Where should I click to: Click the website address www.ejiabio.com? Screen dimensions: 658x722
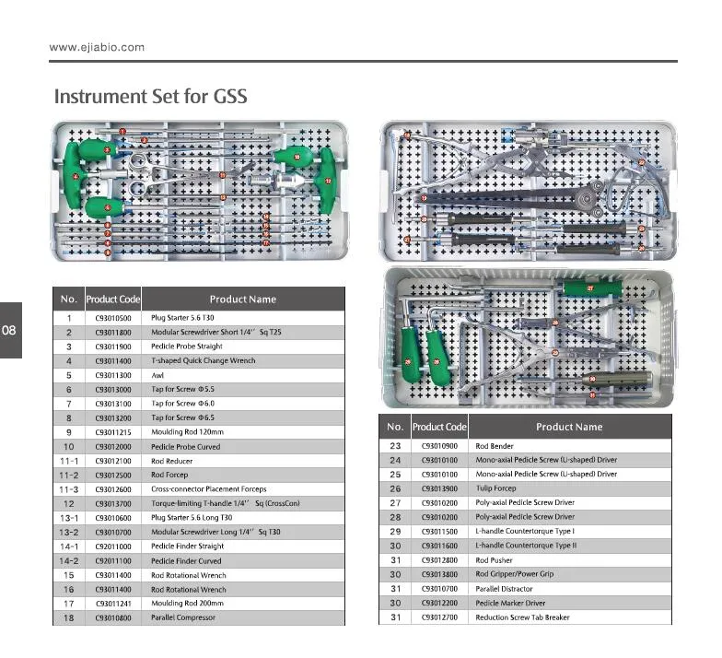[x=97, y=47]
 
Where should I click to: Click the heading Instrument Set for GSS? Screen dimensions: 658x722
[x=151, y=96]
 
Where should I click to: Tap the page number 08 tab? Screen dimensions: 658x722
[x=10, y=329]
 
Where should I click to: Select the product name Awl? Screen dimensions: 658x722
[x=157, y=375]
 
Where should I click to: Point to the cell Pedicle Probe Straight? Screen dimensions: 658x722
[x=187, y=347]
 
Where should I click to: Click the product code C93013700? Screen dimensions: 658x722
[x=113, y=503]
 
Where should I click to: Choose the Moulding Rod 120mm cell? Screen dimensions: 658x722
[x=184, y=432]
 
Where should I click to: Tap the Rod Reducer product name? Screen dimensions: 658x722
[x=173, y=461]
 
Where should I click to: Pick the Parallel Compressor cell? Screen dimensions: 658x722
[x=184, y=617]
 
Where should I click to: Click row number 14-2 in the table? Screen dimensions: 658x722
[x=68, y=560]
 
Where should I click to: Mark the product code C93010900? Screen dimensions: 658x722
[x=439, y=446]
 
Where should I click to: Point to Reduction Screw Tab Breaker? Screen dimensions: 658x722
[x=522, y=617]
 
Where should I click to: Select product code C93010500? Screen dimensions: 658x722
[x=113, y=318]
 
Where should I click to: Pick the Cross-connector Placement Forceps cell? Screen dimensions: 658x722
[x=208, y=489]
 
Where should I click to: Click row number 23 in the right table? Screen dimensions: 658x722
[x=395, y=446]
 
